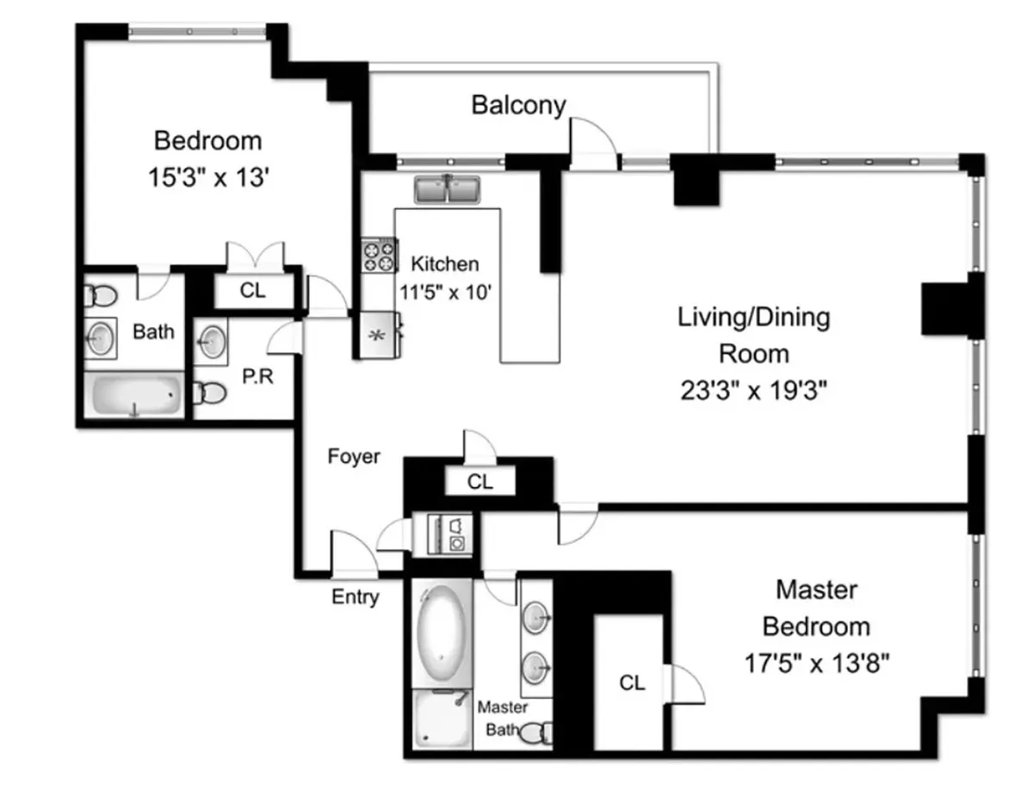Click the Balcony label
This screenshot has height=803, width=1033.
click(x=518, y=105)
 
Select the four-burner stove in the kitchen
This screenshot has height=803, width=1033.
click(x=379, y=256)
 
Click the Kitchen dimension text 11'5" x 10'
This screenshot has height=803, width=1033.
click(x=445, y=292)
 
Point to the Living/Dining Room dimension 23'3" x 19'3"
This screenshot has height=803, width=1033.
click(x=753, y=392)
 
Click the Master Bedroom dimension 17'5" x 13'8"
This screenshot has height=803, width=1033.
click(x=816, y=664)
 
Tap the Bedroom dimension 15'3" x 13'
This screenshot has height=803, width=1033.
click(x=207, y=177)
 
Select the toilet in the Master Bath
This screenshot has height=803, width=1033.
click(x=538, y=733)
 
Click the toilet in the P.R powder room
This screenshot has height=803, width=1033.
click(x=209, y=393)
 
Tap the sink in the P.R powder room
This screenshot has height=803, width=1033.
click(x=210, y=343)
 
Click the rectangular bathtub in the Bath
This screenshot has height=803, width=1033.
click(x=134, y=395)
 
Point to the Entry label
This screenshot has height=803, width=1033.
click(x=355, y=596)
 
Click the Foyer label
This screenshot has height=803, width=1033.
click(x=353, y=456)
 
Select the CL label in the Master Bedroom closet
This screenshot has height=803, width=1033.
click(x=632, y=683)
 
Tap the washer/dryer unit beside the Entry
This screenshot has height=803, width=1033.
click(x=442, y=533)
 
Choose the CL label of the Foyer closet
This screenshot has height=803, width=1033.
click(x=479, y=482)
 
